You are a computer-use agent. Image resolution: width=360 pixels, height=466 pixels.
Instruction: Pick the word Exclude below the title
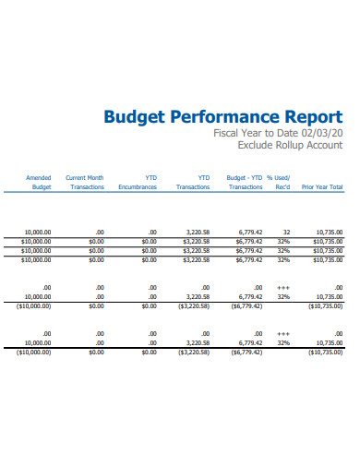258,145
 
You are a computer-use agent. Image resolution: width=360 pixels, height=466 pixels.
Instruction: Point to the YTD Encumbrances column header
138,182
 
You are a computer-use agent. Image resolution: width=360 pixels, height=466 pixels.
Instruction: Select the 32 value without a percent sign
287,233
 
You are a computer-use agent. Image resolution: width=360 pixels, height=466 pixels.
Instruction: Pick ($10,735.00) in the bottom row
324,352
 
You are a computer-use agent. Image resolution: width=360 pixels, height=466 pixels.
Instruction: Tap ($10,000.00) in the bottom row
35,352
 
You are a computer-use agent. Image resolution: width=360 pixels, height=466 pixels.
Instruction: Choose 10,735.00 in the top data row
329,233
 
